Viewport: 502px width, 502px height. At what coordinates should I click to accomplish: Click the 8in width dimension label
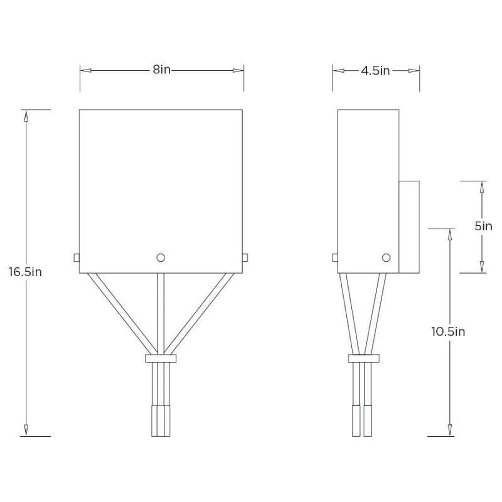click(161, 70)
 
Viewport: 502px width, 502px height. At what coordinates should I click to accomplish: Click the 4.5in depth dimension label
click(375, 71)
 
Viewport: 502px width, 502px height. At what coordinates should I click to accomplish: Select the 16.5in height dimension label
click(26, 273)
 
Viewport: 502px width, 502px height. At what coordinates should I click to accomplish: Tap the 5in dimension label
click(483, 227)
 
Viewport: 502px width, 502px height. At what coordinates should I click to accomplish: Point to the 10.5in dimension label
click(448, 331)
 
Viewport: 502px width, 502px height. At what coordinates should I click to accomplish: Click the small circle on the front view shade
click(161, 257)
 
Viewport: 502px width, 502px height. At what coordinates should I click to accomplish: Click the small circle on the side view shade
click(386, 257)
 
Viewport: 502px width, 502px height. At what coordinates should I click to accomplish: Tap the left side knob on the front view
click(76, 257)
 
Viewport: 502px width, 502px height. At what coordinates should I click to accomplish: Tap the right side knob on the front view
click(245, 257)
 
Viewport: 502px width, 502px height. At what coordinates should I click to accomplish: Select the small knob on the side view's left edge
click(335, 257)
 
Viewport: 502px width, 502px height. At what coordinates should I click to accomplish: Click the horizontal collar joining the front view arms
click(161, 358)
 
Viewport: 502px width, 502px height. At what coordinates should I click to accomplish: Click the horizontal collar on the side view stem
click(363, 358)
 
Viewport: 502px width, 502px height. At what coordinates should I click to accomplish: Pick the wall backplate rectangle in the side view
click(409, 227)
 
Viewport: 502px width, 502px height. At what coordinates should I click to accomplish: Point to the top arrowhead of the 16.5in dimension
click(26, 115)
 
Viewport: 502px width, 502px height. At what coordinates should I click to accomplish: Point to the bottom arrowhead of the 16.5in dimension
click(26, 430)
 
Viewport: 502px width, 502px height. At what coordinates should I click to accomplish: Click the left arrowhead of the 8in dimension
click(86, 70)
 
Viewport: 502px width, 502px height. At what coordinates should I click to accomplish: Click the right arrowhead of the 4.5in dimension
click(414, 71)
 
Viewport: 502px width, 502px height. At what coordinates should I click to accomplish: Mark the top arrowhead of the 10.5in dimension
click(450, 234)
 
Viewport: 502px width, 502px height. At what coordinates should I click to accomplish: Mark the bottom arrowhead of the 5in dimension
click(482, 267)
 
